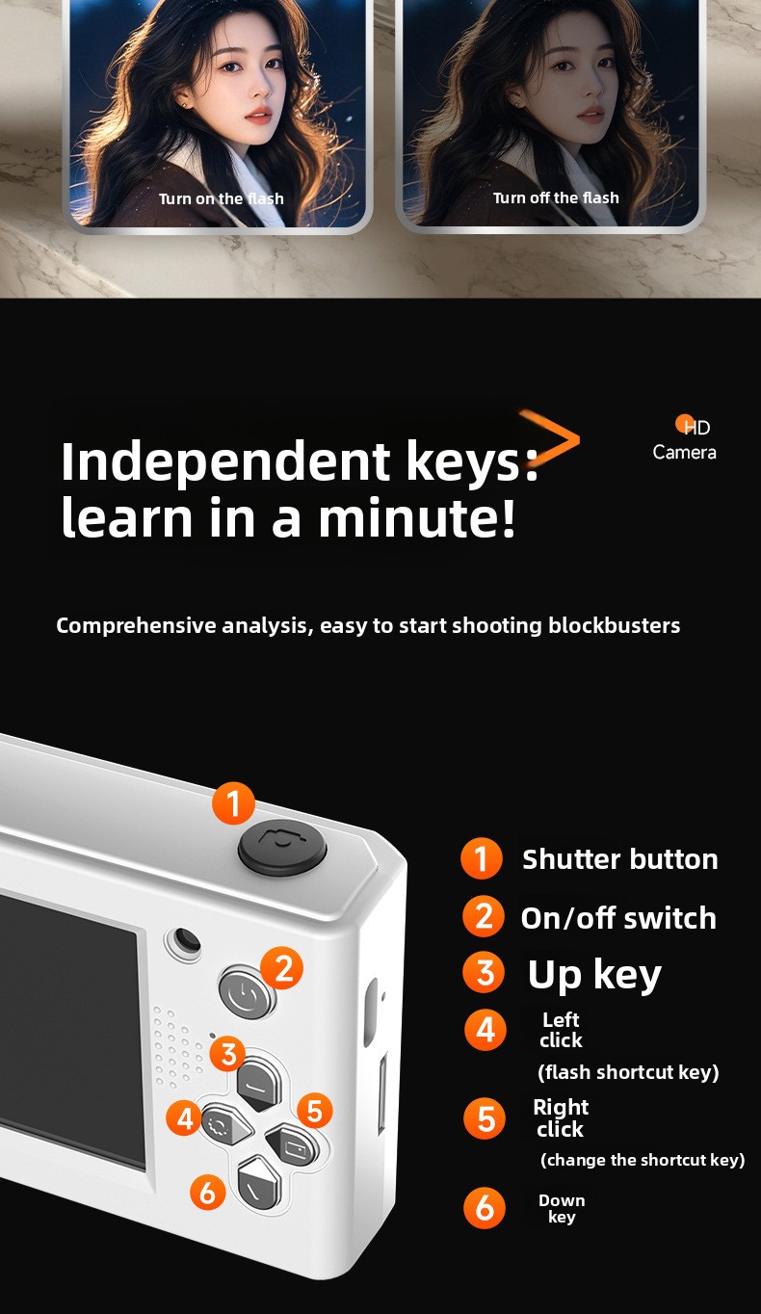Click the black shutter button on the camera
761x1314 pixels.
click(x=282, y=845)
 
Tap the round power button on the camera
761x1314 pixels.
click(x=247, y=992)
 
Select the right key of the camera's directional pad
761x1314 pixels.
click(x=292, y=1143)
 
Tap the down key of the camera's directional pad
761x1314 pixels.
click(x=259, y=1183)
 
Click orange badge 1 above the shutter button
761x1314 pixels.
click(x=233, y=802)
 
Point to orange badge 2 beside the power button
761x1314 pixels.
click(x=282, y=967)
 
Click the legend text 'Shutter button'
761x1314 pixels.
click(x=620, y=860)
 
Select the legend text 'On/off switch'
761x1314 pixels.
click(x=618, y=918)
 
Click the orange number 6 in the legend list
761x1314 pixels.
click(x=485, y=1207)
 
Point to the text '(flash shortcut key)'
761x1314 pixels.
click(x=628, y=1072)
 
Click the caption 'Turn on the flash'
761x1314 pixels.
click(x=222, y=198)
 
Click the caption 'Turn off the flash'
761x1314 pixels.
click(x=556, y=197)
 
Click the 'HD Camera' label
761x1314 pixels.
click(x=684, y=440)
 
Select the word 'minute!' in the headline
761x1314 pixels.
click(x=417, y=517)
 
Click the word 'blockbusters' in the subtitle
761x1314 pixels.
click(x=615, y=625)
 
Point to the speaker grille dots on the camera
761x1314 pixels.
click(x=179, y=1048)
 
